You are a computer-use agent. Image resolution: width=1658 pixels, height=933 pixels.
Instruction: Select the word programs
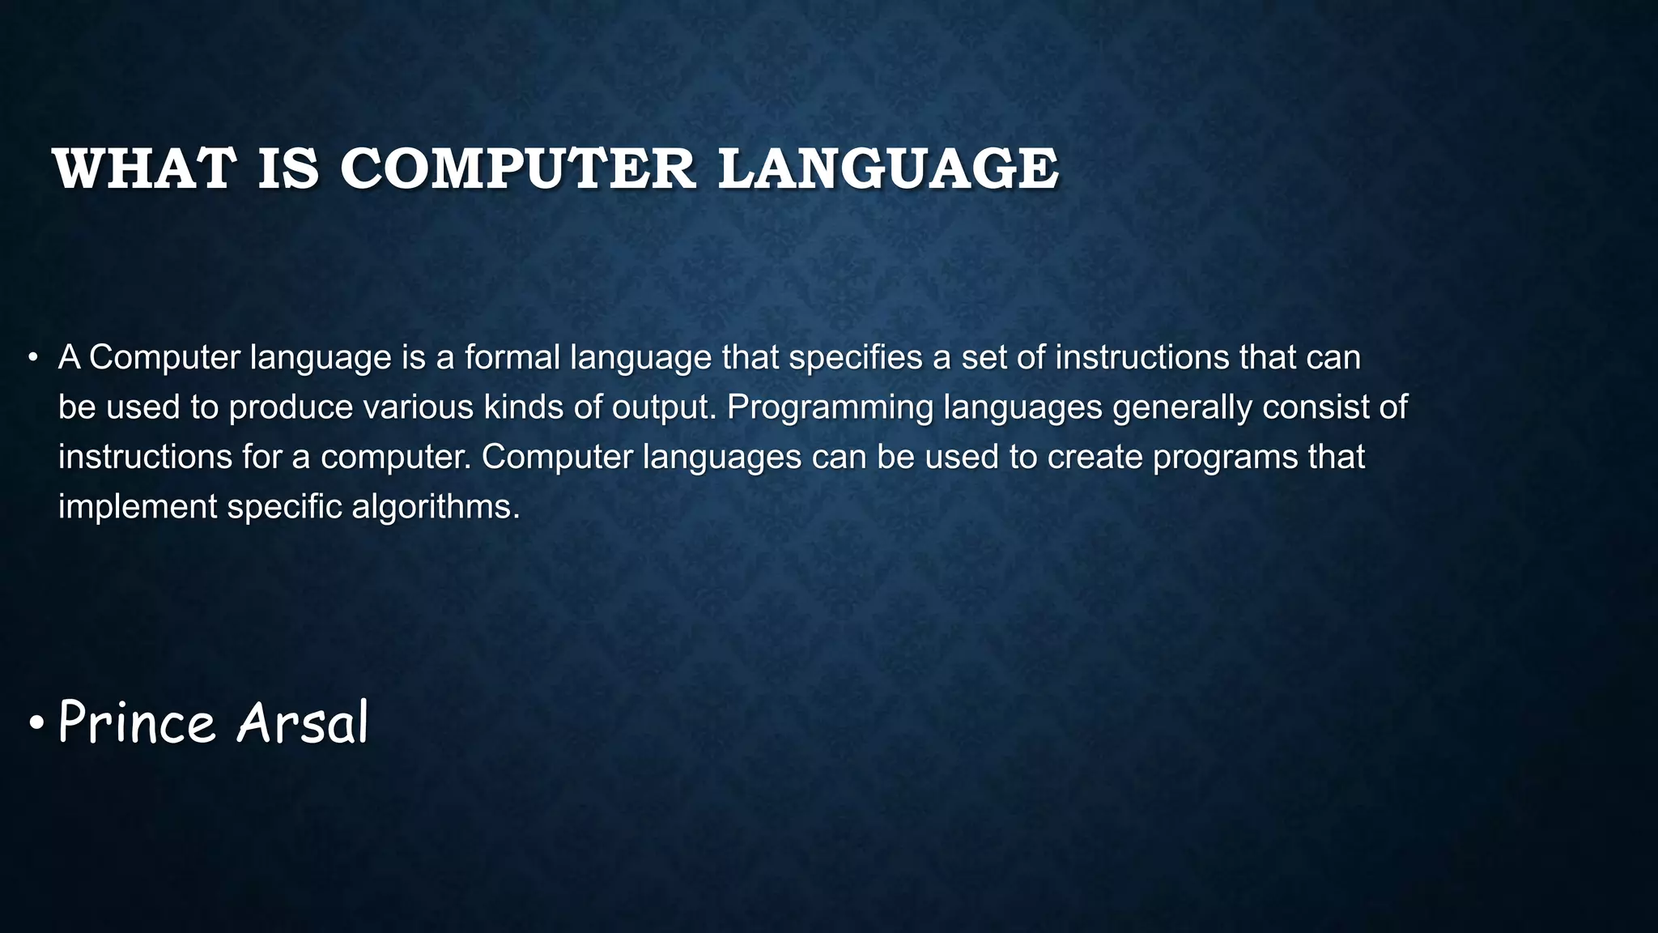(1225, 458)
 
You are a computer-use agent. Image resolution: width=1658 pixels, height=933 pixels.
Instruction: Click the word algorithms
(436, 508)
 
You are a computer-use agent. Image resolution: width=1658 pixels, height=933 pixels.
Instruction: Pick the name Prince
(137, 722)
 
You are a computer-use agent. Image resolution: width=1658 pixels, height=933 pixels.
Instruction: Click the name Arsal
(302, 722)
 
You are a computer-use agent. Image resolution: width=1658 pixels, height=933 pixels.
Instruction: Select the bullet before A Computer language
(33, 358)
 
